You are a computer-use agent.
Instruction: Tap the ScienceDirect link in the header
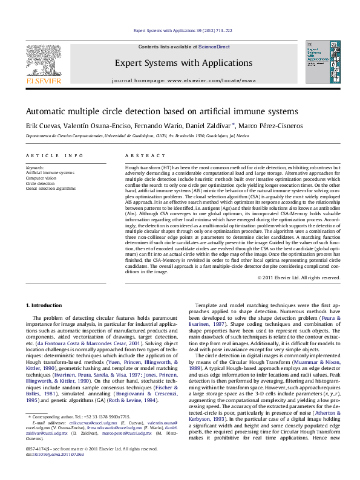(x=214, y=47)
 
